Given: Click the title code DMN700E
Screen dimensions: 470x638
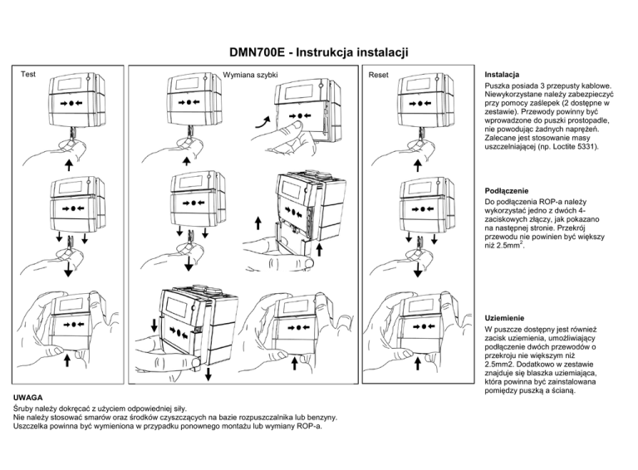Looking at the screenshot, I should click(258, 54).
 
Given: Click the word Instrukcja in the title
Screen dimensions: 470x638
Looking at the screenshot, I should click(332, 54).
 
